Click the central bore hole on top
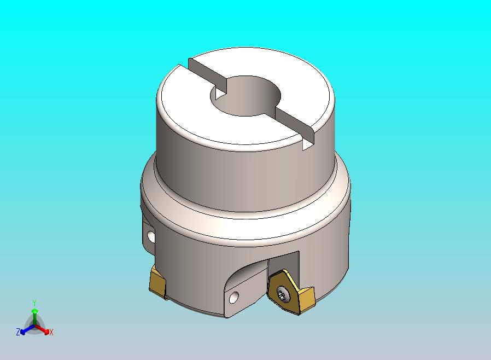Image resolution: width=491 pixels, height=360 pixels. [245, 96]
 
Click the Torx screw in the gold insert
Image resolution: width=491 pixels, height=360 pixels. [281, 294]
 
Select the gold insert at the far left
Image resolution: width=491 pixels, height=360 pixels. [158, 283]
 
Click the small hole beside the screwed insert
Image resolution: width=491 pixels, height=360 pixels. [234, 297]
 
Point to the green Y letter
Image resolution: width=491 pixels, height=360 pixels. [34, 303]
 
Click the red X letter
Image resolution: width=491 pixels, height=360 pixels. [51, 332]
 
